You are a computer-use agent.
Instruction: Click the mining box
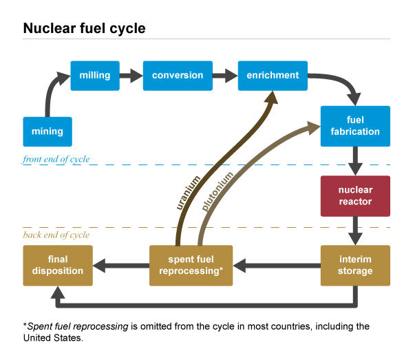(47, 131)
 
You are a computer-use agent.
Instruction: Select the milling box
(95, 75)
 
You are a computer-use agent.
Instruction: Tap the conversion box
(178, 75)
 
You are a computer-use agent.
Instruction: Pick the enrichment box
(273, 75)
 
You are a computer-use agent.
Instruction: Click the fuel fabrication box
(355, 125)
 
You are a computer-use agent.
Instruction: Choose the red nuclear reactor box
(355, 196)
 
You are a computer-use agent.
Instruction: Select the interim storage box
(355, 265)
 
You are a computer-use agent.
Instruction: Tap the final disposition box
(57, 265)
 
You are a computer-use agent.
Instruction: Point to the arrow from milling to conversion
(131, 75)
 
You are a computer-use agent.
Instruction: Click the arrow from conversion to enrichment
(224, 75)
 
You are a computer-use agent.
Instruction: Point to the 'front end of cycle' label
(56, 160)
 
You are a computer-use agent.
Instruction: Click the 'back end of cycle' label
(56, 235)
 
